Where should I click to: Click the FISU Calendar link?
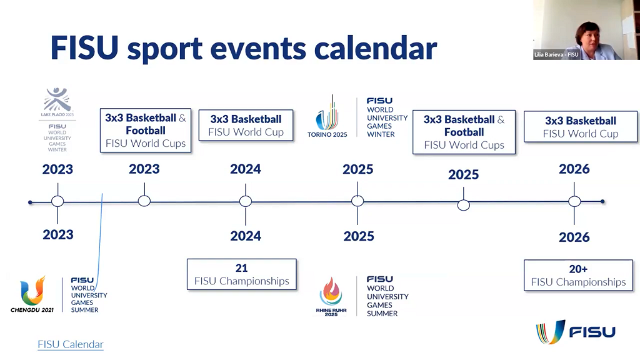pyautogui.click(x=70, y=344)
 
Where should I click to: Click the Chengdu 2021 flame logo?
pyautogui.click(x=32, y=291)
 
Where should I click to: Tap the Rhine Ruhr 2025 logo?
pyautogui.click(x=331, y=293)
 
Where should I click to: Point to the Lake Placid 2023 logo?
pyautogui.click(x=58, y=101)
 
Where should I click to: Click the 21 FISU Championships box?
pyautogui.click(x=241, y=274)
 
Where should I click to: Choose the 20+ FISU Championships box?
pyautogui.click(x=578, y=275)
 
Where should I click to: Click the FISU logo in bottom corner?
pyautogui.click(x=576, y=332)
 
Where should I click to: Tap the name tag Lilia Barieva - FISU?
pyautogui.click(x=556, y=55)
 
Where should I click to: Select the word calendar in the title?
pyautogui.click(x=374, y=49)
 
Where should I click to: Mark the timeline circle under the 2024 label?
pyautogui.click(x=246, y=201)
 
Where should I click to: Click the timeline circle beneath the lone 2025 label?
pyautogui.click(x=463, y=205)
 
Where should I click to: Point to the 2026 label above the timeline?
pyautogui.click(x=574, y=169)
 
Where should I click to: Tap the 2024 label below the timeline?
pyautogui.click(x=246, y=236)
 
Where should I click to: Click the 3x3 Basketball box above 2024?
pyautogui.click(x=246, y=125)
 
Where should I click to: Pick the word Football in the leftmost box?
pyautogui.click(x=145, y=131)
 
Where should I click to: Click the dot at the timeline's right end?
pyautogui.click(x=602, y=201)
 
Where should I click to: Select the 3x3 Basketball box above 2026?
pyautogui.click(x=581, y=127)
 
